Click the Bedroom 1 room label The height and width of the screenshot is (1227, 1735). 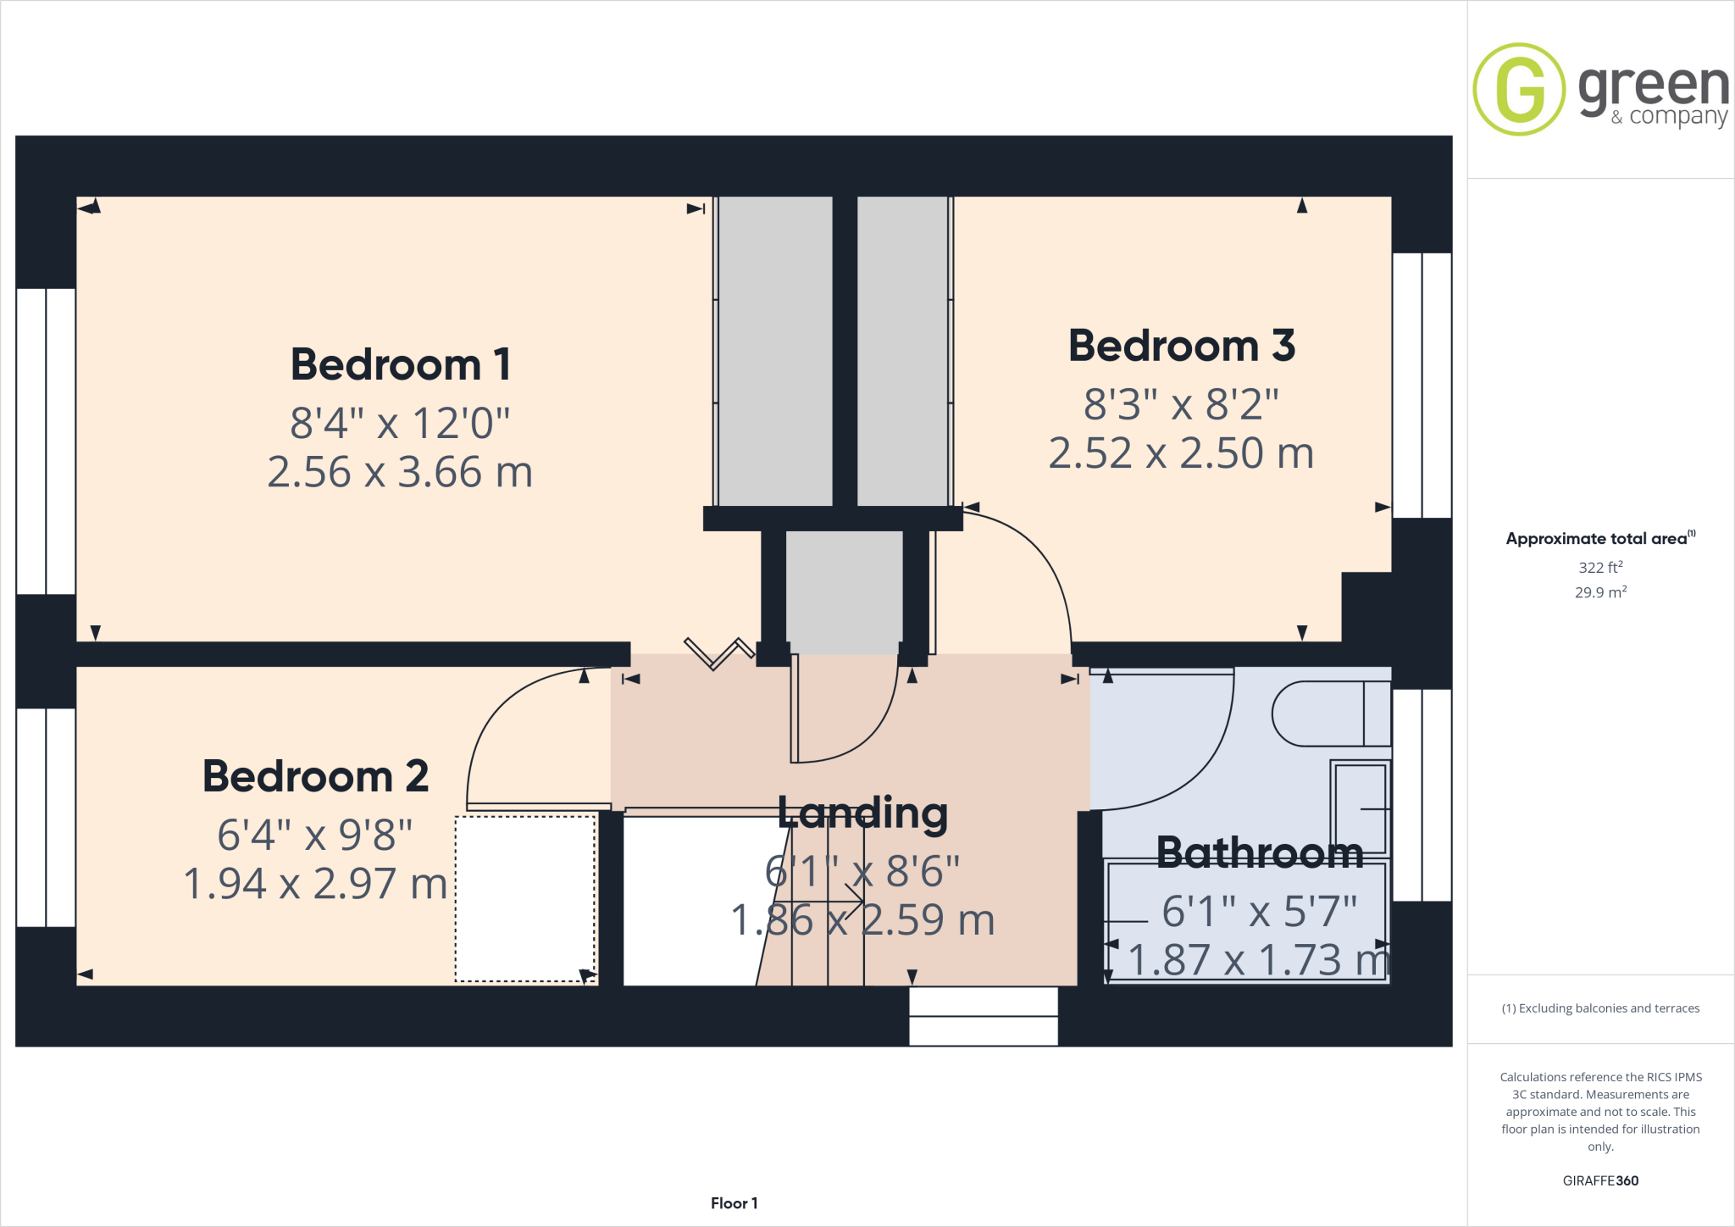401,365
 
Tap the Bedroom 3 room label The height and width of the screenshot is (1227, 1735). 1181,347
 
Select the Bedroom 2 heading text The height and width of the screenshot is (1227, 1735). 315,776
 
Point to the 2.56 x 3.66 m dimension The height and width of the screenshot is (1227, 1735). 400,472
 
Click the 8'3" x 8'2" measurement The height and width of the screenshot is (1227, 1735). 1181,404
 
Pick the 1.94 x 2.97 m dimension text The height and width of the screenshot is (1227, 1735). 315,884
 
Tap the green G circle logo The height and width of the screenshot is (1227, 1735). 1519,89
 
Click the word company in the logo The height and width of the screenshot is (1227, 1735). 1677,116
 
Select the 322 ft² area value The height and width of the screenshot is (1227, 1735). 1600,567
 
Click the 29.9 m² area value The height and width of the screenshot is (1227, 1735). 1600,592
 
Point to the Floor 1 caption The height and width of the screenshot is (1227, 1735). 734,1203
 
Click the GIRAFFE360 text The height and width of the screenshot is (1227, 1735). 1600,1180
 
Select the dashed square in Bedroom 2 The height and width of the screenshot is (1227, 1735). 525,899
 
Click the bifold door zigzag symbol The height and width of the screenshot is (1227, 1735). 718,653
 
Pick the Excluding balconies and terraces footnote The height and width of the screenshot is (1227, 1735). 1600,1008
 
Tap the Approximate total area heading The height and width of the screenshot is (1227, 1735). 1597,539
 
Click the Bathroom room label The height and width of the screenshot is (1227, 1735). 1260,852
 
